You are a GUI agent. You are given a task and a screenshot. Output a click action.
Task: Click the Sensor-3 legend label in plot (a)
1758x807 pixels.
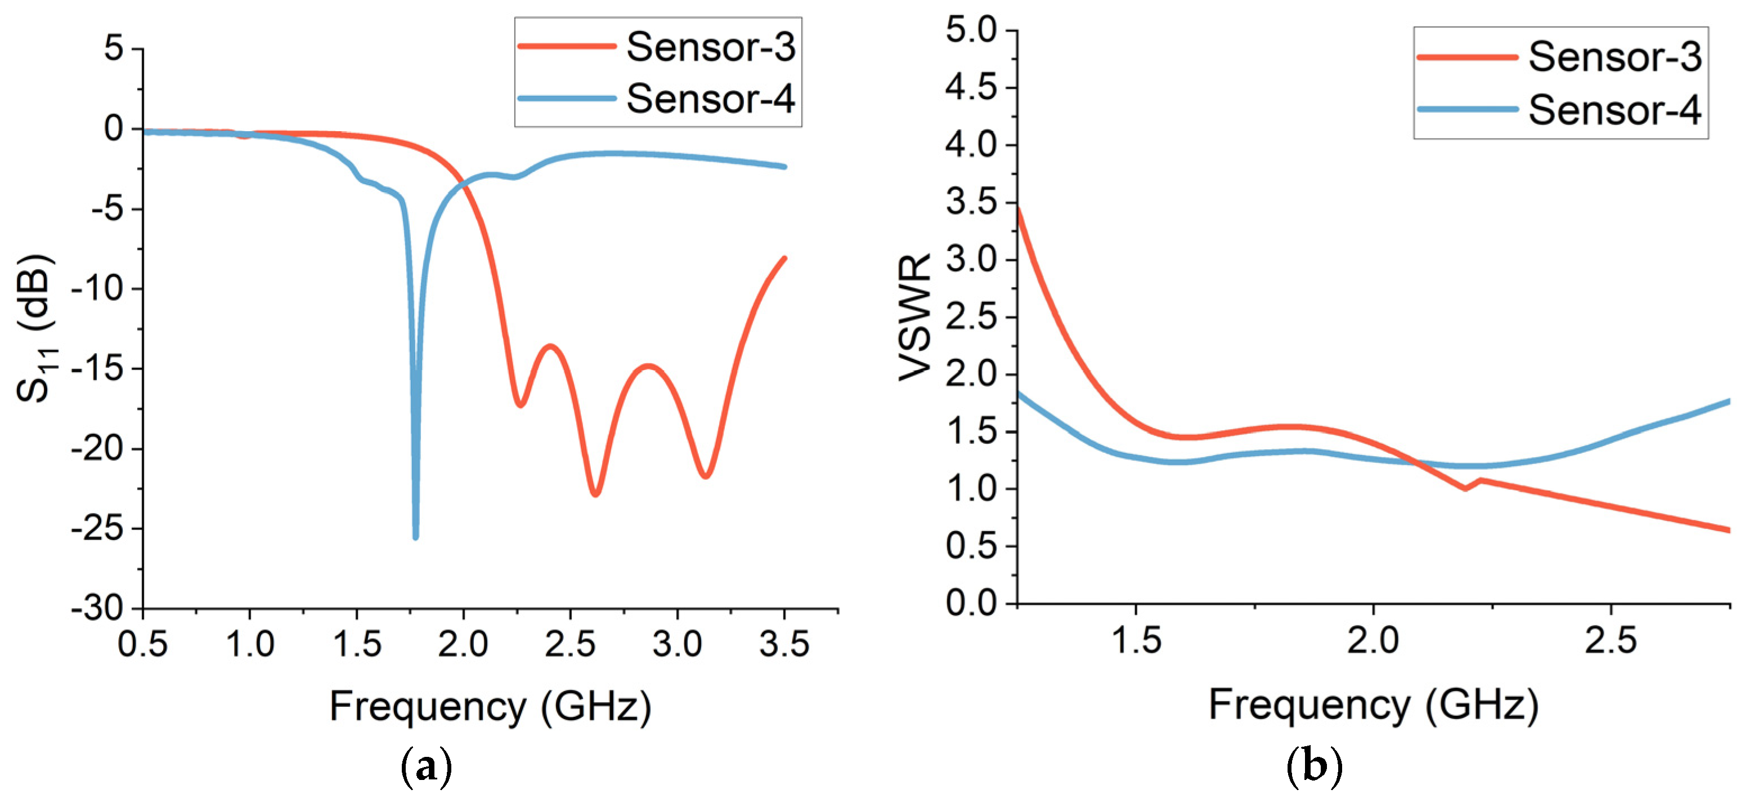[x=710, y=47]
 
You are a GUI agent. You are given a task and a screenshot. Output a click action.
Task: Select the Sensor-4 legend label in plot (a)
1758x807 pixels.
[x=710, y=99]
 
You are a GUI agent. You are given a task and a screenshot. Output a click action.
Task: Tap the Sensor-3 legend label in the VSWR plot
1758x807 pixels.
[x=1614, y=57]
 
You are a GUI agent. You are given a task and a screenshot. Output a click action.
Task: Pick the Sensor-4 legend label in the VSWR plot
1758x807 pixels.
[x=1614, y=110]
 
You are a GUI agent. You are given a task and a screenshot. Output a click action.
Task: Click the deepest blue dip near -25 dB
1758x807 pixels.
[x=416, y=536]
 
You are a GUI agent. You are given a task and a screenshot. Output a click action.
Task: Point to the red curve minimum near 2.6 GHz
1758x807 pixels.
[x=595, y=493]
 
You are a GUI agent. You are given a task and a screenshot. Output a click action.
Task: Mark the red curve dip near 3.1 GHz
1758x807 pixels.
[x=706, y=475]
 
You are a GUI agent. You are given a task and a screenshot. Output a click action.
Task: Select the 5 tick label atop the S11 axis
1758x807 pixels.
[x=114, y=48]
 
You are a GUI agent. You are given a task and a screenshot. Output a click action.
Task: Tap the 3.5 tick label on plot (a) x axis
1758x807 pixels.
[x=784, y=644]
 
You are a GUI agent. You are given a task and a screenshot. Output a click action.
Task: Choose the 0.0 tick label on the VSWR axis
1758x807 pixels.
[x=971, y=604]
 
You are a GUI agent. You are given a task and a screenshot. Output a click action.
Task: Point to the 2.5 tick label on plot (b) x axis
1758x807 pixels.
[x=1611, y=641]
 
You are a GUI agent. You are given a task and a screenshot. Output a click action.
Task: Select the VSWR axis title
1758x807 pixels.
[x=914, y=318]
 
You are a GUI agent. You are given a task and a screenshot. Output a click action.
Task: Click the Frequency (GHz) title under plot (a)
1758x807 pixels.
[x=490, y=707]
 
